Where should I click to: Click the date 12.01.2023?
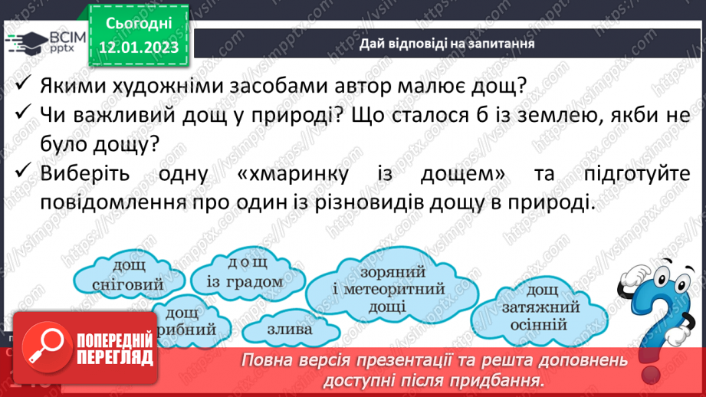pos(137,48)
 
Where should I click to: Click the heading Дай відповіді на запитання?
pos(446,44)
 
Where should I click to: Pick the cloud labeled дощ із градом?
pos(244,273)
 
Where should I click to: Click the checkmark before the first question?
pos(25,84)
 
